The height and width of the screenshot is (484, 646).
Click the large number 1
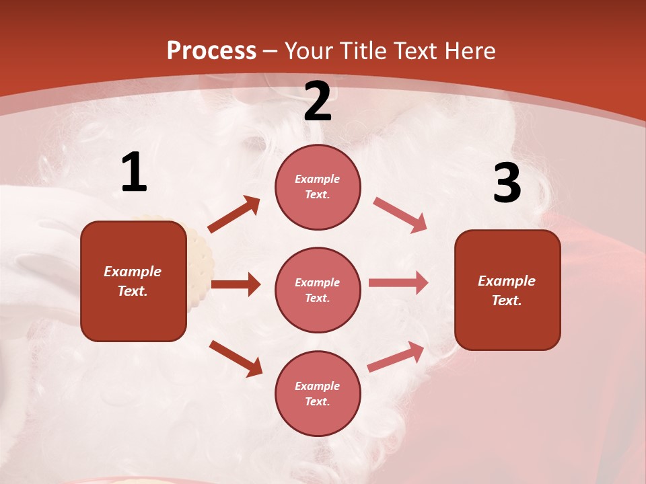click(x=134, y=173)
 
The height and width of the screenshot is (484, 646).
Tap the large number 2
click(x=318, y=102)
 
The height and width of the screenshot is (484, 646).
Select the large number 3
click(x=507, y=183)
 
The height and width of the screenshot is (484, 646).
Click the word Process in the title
click(x=211, y=50)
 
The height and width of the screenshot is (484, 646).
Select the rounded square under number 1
click(x=133, y=281)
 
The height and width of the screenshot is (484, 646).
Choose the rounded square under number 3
click(x=507, y=290)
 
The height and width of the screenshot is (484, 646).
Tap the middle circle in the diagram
click(x=318, y=290)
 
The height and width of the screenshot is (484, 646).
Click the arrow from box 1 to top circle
click(x=234, y=214)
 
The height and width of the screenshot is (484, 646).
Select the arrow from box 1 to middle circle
click(x=236, y=284)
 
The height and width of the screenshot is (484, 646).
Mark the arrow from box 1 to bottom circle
click(x=236, y=358)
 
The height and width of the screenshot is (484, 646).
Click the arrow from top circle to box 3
click(x=400, y=215)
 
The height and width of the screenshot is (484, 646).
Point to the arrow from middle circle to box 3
click(x=398, y=283)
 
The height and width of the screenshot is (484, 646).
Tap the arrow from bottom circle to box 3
click(x=396, y=357)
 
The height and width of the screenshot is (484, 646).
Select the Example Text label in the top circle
click(x=318, y=186)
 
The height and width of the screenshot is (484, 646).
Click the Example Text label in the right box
click(x=507, y=290)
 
